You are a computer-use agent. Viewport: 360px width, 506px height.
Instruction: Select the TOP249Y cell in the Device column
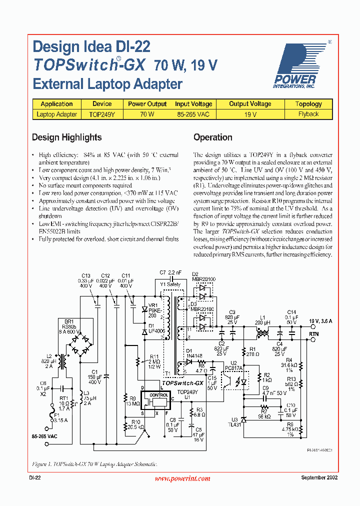pyautogui.click(x=102, y=114)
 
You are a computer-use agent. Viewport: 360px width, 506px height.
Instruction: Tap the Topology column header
pyautogui.click(x=308, y=104)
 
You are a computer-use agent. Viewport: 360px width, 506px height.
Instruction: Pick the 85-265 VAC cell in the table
pyautogui.click(x=193, y=114)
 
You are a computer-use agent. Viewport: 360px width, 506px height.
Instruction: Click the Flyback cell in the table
pyautogui.click(x=308, y=114)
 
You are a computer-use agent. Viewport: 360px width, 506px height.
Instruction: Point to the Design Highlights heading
pyautogui.click(x=66, y=137)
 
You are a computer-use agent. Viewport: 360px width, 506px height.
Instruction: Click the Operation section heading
pyautogui.click(x=212, y=137)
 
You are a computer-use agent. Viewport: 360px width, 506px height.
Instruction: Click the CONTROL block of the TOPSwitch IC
pyautogui.click(x=159, y=395)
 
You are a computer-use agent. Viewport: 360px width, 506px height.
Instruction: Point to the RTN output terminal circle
pyautogui.click(x=313, y=339)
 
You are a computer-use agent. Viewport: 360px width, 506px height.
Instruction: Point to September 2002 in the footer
pyautogui.click(x=319, y=478)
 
